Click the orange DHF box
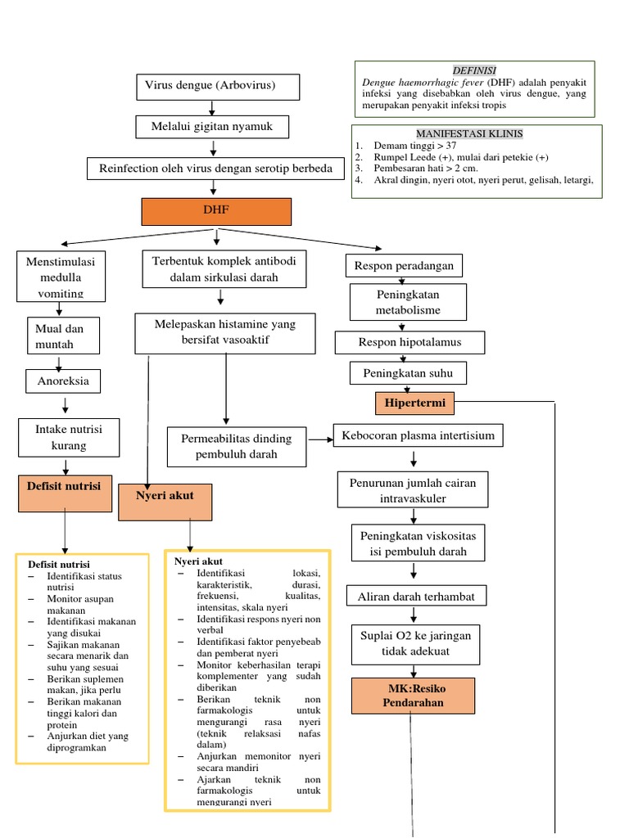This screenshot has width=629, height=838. (x=216, y=211)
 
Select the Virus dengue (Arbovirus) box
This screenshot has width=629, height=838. (x=218, y=86)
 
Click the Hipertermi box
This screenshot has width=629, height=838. (x=415, y=403)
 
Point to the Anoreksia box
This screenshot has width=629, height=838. (x=63, y=381)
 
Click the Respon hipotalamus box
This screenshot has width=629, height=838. (x=410, y=342)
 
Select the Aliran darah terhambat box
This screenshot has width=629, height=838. (x=416, y=597)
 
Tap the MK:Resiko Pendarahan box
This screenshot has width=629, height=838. (x=412, y=695)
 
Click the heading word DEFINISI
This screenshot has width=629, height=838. (x=474, y=71)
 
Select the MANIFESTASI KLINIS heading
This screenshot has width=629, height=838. (x=469, y=133)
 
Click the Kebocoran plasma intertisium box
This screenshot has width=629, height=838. (x=418, y=435)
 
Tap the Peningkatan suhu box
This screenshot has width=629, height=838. (x=408, y=373)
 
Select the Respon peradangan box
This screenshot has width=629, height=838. (x=405, y=266)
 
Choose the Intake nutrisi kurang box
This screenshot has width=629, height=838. (x=69, y=437)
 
